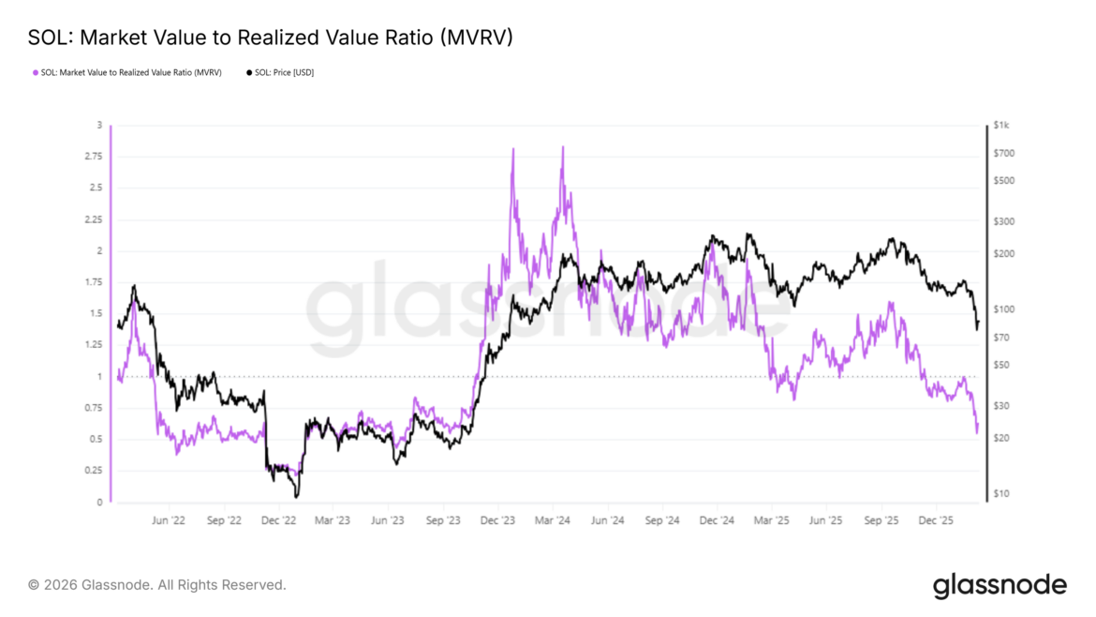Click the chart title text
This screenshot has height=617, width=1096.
[x=270, y=38]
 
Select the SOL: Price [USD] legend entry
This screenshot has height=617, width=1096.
[x=280, y=72]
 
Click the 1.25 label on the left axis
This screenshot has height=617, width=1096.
[x=93, y=345]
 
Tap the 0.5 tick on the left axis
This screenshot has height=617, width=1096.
[x=96, y=440]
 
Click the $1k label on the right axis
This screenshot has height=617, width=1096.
[x=1002, y=126]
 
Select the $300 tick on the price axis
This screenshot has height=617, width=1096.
[x=1005, y=221]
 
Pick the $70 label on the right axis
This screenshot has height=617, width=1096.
[x=1003, y=338]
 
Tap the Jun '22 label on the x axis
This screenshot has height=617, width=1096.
[x=168, y=519]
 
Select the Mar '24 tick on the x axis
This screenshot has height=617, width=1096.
[x=554, y=519]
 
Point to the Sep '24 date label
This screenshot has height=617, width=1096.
[x=663, y=519]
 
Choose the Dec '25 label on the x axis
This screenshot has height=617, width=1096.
[x=937, y=519]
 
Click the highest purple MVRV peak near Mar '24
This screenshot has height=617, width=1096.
[x=562, y=147]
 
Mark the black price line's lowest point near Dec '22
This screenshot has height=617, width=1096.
[x=297, y=496]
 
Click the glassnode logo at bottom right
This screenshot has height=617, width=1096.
[x=1000, y=586]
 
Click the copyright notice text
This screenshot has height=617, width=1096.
[x=156, y=585]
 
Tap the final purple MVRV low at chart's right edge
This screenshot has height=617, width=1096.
[x=977, y=432]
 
